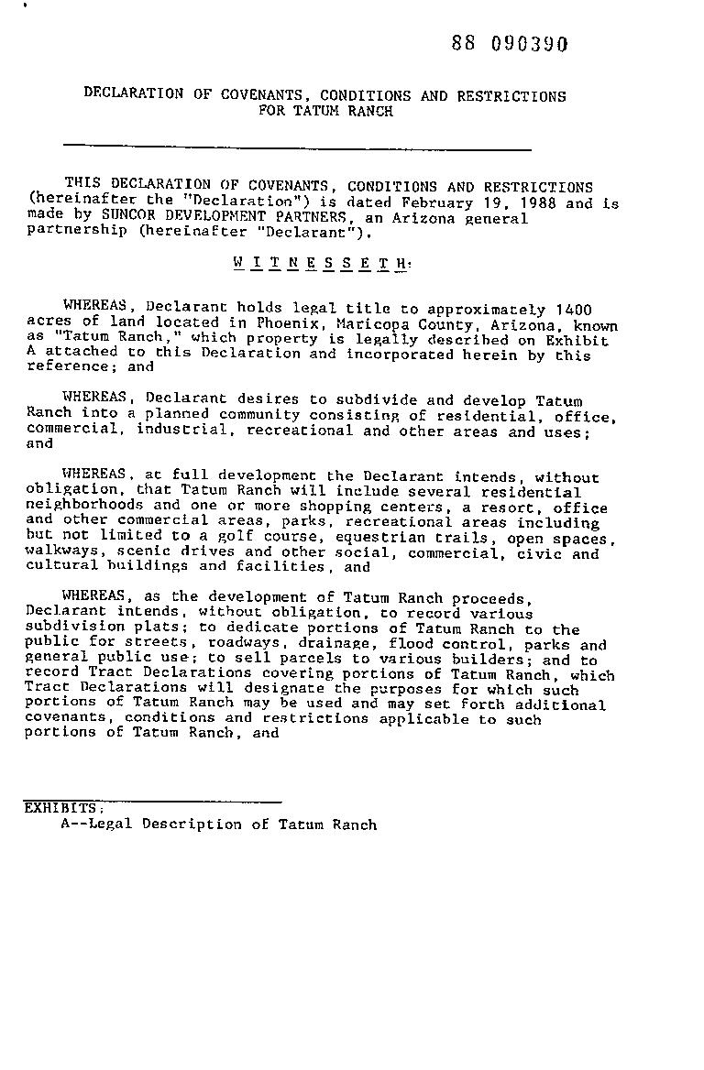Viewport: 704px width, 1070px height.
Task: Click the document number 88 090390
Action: (x=510, y=45)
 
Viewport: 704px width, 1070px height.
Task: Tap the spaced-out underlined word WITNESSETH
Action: (x=320, y=263)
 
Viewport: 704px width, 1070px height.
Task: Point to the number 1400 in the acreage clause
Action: (x=574, y=310)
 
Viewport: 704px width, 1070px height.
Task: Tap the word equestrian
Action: (x=380, y=538)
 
